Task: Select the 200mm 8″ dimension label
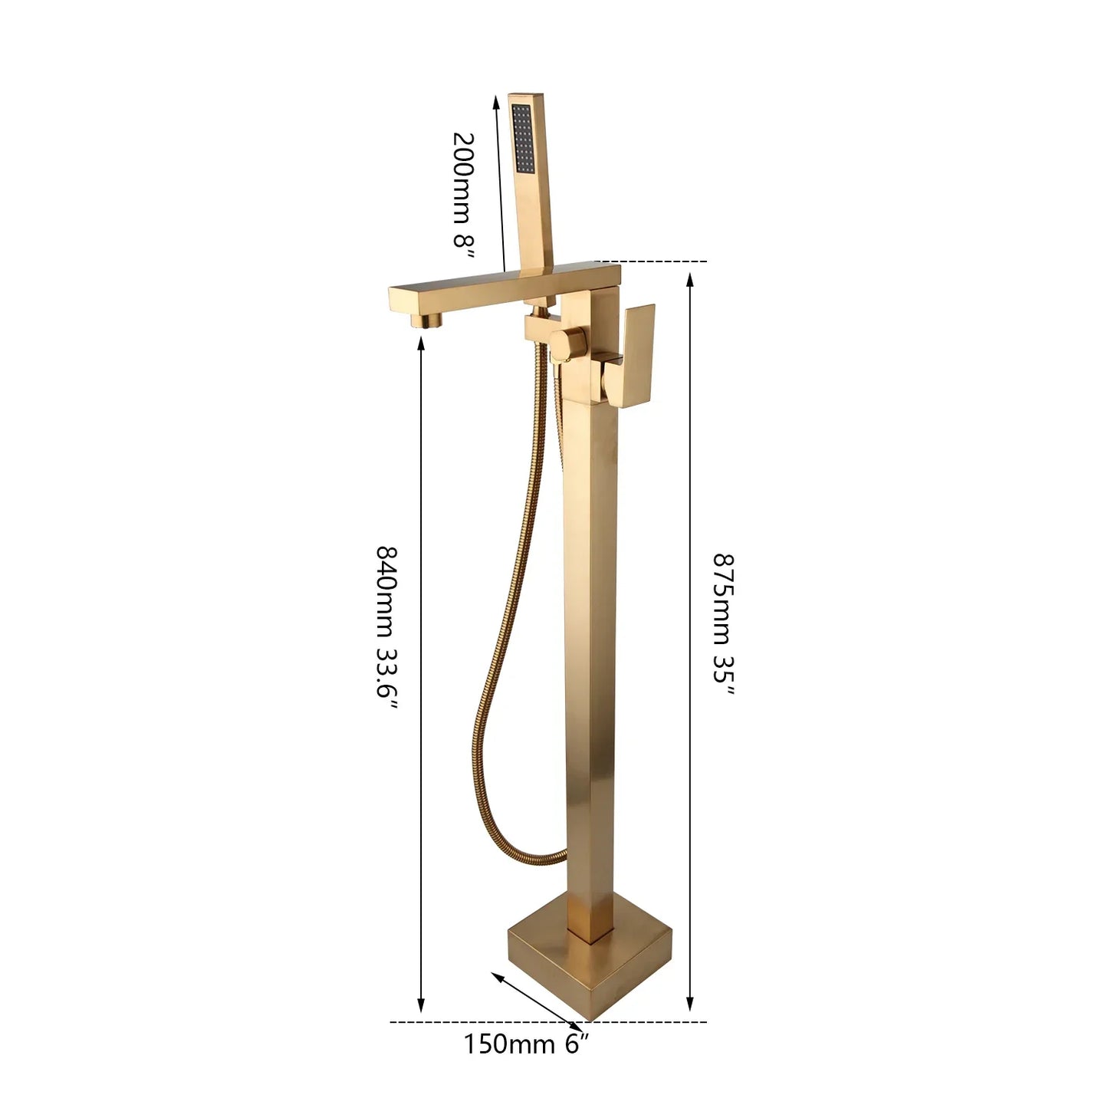click(464, 189)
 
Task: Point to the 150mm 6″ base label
click(526, 1044)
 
